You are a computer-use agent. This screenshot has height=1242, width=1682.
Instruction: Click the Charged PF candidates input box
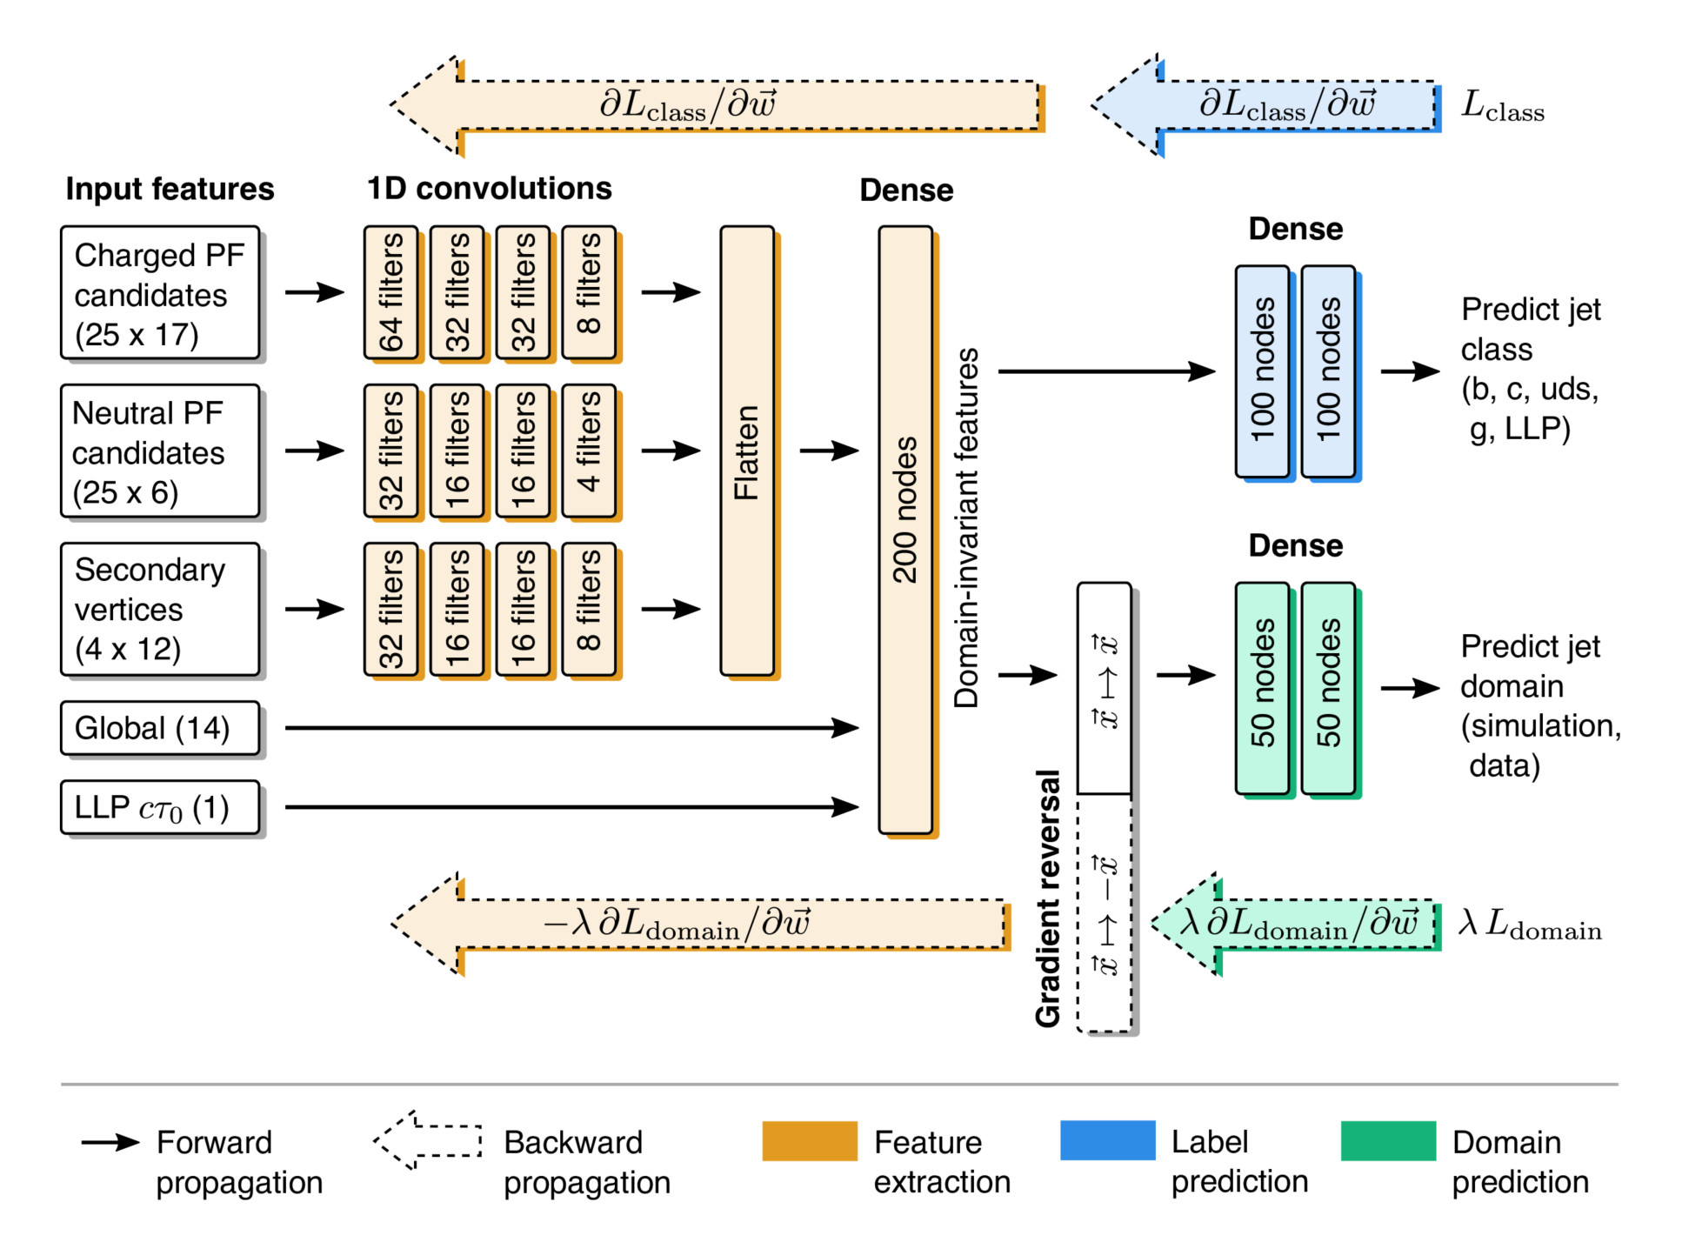(160, 293)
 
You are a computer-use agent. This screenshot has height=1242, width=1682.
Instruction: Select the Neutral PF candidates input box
(160, 451)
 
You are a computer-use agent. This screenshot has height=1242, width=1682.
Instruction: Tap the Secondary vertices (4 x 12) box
(160, 609)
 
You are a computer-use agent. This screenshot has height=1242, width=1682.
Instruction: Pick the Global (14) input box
(160, 728)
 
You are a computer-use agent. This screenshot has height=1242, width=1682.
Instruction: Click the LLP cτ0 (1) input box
(160, 807)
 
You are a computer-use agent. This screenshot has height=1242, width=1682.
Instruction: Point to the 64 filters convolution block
(391, 292)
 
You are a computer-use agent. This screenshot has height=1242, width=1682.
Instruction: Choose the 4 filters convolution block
(589, 451)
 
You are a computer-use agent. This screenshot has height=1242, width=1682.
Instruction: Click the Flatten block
(747, 451)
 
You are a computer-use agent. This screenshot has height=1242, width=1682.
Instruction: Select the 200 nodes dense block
(905, 530)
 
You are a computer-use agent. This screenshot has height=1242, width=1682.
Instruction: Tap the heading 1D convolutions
(489, 189)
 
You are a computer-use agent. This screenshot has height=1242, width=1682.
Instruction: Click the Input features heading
(170, 189)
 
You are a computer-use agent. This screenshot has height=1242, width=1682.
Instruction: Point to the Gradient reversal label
(1048, 898)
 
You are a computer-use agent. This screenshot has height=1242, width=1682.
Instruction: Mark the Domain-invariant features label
(966, 528)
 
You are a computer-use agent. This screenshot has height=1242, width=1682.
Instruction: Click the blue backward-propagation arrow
(1265, 105)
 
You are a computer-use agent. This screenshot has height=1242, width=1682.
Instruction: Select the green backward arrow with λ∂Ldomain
(1296, 924)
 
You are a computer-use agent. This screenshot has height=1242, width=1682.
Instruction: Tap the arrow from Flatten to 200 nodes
(829, 451)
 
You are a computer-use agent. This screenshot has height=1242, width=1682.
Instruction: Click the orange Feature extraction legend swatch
(809, 1141)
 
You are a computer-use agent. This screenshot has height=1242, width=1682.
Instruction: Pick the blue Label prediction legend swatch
(1107, 1141)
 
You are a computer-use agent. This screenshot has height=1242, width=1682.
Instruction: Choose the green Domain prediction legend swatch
(1387, 1141)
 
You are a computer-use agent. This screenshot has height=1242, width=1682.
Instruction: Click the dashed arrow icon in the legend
(428, 1140)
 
